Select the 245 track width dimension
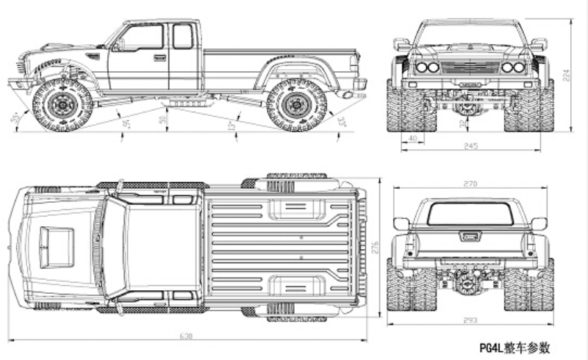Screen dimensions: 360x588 470,145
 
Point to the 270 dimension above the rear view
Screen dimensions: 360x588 470,183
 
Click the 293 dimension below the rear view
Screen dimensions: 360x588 470,320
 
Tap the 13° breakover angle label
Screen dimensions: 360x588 232,126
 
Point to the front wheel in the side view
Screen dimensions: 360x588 62,104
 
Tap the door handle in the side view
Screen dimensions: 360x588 159,57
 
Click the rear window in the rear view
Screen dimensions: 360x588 470,214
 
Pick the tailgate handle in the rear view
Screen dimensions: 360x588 470,236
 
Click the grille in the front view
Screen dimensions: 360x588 470,68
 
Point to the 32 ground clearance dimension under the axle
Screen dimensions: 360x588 462,123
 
